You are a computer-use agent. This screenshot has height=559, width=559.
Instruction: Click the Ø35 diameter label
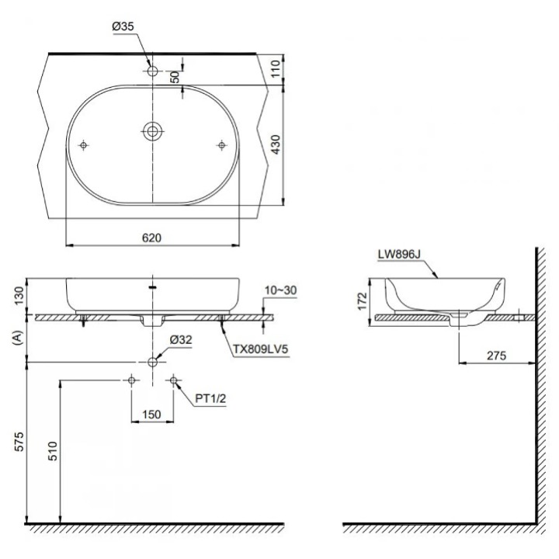click(x=124, y=26)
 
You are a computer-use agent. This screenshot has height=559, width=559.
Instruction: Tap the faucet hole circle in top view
click(x=152, y=71)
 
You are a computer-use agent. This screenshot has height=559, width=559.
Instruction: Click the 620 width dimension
click(x=152, y=238)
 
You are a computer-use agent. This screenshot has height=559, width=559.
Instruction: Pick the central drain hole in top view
click(x=152, y=130)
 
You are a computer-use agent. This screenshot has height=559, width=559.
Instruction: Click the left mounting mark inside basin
click(x=84, y=144)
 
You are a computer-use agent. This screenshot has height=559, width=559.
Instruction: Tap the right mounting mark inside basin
click(x=222, y=144)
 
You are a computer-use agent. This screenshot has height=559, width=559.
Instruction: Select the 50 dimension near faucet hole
click(x=175, y=76)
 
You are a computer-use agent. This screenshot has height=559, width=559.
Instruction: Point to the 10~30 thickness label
click(x=280, y=290)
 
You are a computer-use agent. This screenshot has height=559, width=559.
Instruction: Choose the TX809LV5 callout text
click(x=260, y=349)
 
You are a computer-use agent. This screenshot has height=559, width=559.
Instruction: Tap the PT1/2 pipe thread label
click(x=210, y=398)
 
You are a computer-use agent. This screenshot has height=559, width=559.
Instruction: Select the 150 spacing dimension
click(x=152, y=415)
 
